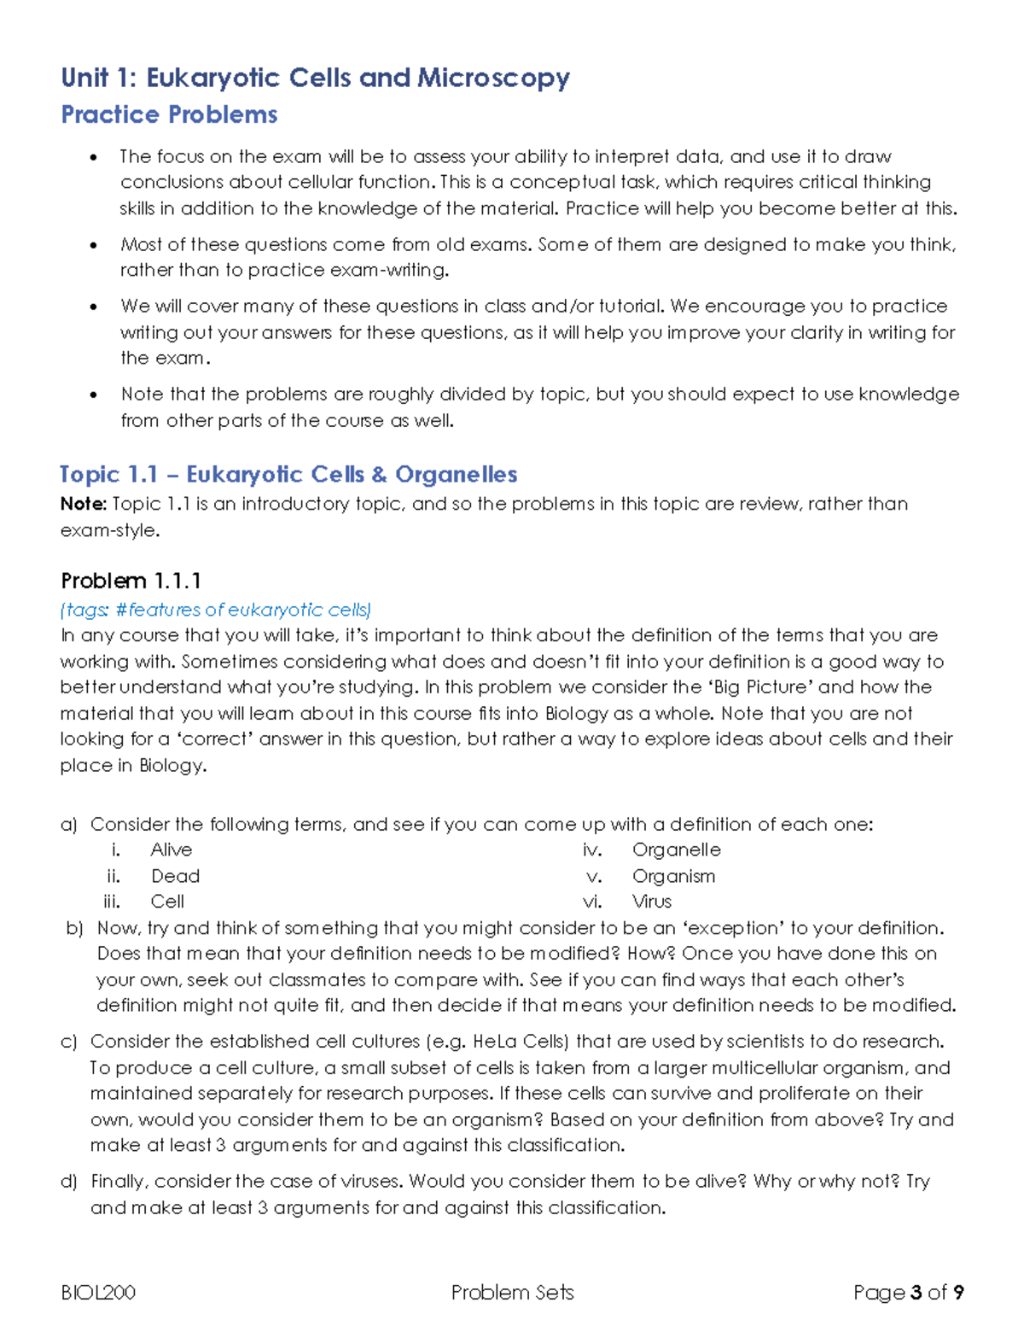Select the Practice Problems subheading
pyautogui.click(x=169, y=114)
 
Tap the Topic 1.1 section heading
pyautogui.click(x=288, y=474)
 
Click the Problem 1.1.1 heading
pyautogui.click(x=131, y=581)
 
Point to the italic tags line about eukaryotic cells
pyautogui.click(x=216, y=610)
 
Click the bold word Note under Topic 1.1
pyautogui.click(x=82, y=504)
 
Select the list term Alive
pyautogui.click(x=171, y=850)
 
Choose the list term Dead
pyautogui.click(x=175, y=876)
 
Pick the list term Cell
pyautogui.click(x=167, y=902)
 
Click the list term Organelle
pyautogui.click(x=676, y=850)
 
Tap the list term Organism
pyautogui.click(x=673, y=876)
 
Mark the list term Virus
pyautogui.click(x=652, y=902)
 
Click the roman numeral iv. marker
pyautogui.click(x=592, y=850)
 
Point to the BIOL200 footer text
pyautogui.click(x=98, y=1293)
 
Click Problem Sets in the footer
pyautogui.click(x=512, y=1293)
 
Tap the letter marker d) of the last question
pyautogui.click(x=69, y=1181)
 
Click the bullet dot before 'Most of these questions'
pyautogui.click(x=94, y=245)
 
